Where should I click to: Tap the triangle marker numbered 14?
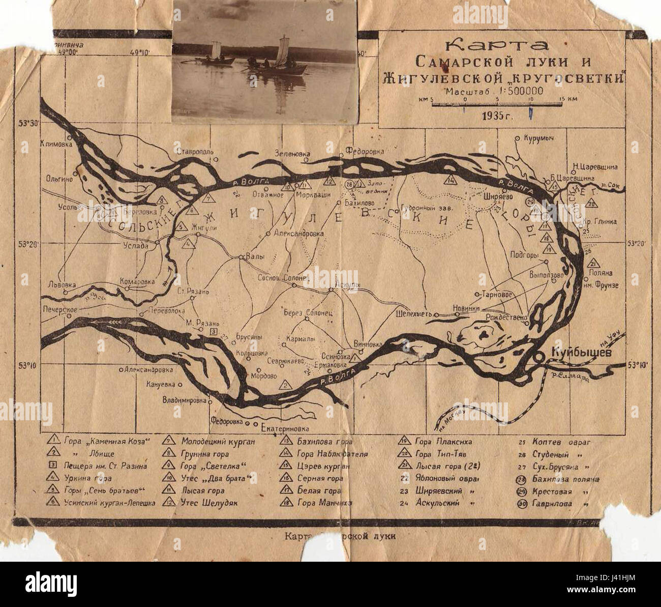click(x=451, y=180)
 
